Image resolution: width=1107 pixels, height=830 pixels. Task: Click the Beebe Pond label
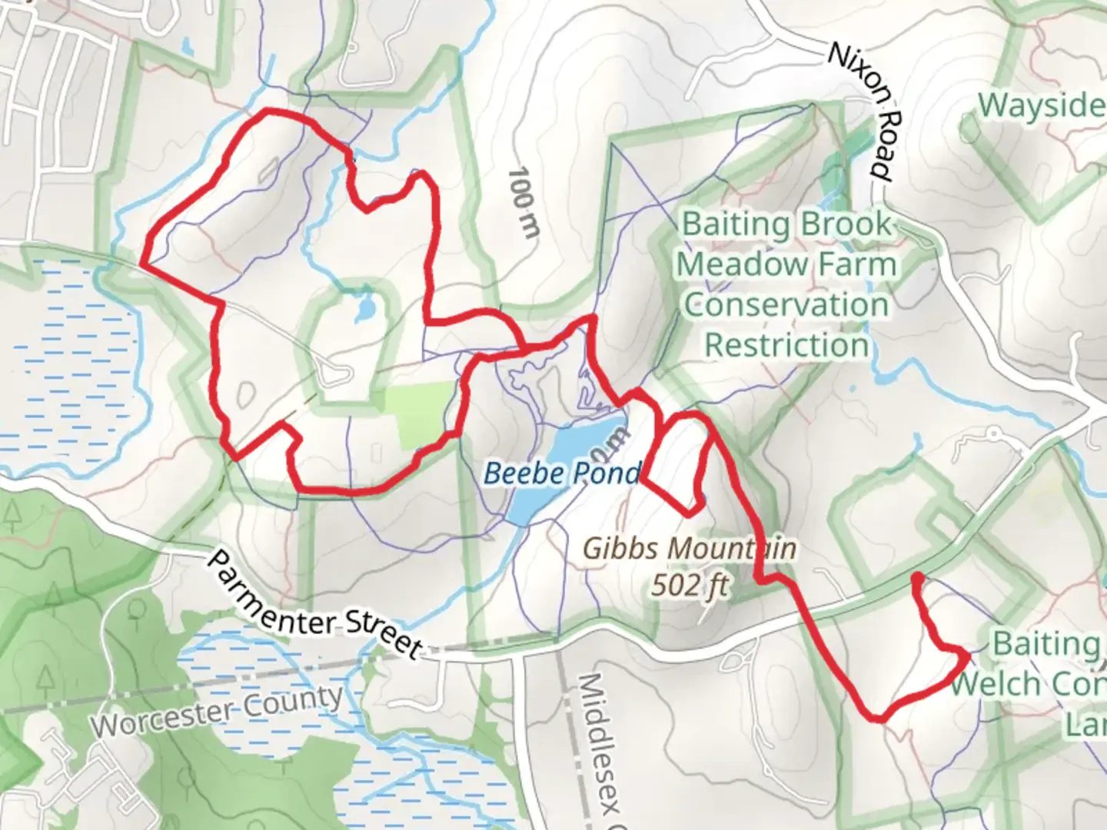click(x=561, y=473)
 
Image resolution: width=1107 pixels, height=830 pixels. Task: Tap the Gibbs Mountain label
click(x=689, y=549)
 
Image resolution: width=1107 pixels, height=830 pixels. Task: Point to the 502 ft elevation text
click(x=689, y=586)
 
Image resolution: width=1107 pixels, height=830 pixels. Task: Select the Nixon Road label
click(x=862, y=111)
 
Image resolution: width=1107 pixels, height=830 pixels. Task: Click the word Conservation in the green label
click(x=786, y=305)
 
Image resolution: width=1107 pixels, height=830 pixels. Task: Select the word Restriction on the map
click(x=786, y=345)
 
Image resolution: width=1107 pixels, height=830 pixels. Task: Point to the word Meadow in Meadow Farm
click(x=733, y=265)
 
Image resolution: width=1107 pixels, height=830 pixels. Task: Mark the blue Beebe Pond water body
click(x=584, y=446)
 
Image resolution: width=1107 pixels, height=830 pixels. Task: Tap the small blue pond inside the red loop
click(x=365, y=310)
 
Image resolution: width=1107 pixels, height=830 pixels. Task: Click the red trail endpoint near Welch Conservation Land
click(x=917, y=577)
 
